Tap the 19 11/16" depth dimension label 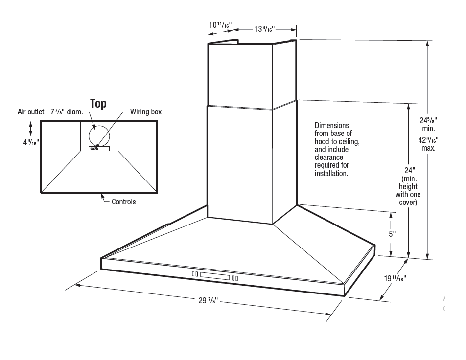click(395, 279)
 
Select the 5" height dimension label click(392, 233)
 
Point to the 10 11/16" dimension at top click(220, 25)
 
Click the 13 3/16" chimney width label click(264, 29)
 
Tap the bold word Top click(98, 103)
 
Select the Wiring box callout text click(145, 112)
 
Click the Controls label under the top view click(123, 202)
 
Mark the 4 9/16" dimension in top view click(31, 143)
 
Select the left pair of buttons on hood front click(194, 275)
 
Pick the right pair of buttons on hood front click(235, 278)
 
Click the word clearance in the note click(328, 157)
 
